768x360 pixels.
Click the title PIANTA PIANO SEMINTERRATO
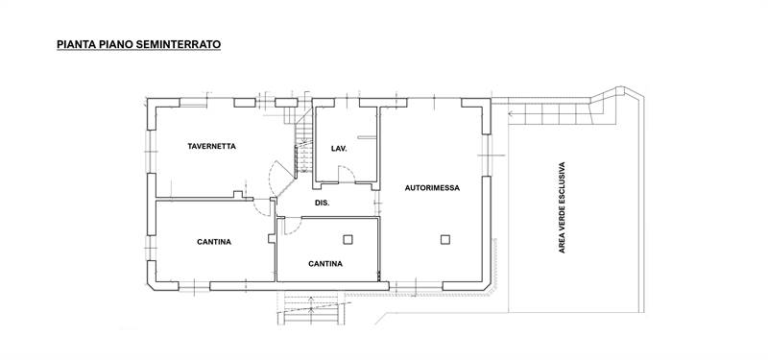tap(138, 44)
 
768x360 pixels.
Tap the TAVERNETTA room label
tap(211, 146)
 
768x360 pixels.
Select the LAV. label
tap(339, 149)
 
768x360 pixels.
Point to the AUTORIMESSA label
tap(433, 187)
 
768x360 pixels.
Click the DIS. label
tap(322, 203)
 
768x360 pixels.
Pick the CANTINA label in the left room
tap(214, 242)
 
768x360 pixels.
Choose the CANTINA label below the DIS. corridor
tap(325, 263)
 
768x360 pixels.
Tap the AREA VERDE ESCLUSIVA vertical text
tap(562, 207)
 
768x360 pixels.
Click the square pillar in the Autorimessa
tap(444, 239)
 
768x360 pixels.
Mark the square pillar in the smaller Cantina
tap(348, 239)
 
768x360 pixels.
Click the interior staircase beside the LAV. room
tap(303, 142)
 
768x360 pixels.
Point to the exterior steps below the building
tap(310, 308)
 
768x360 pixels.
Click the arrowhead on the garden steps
tap(511, 114)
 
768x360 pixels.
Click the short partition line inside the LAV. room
tap(367, 137)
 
